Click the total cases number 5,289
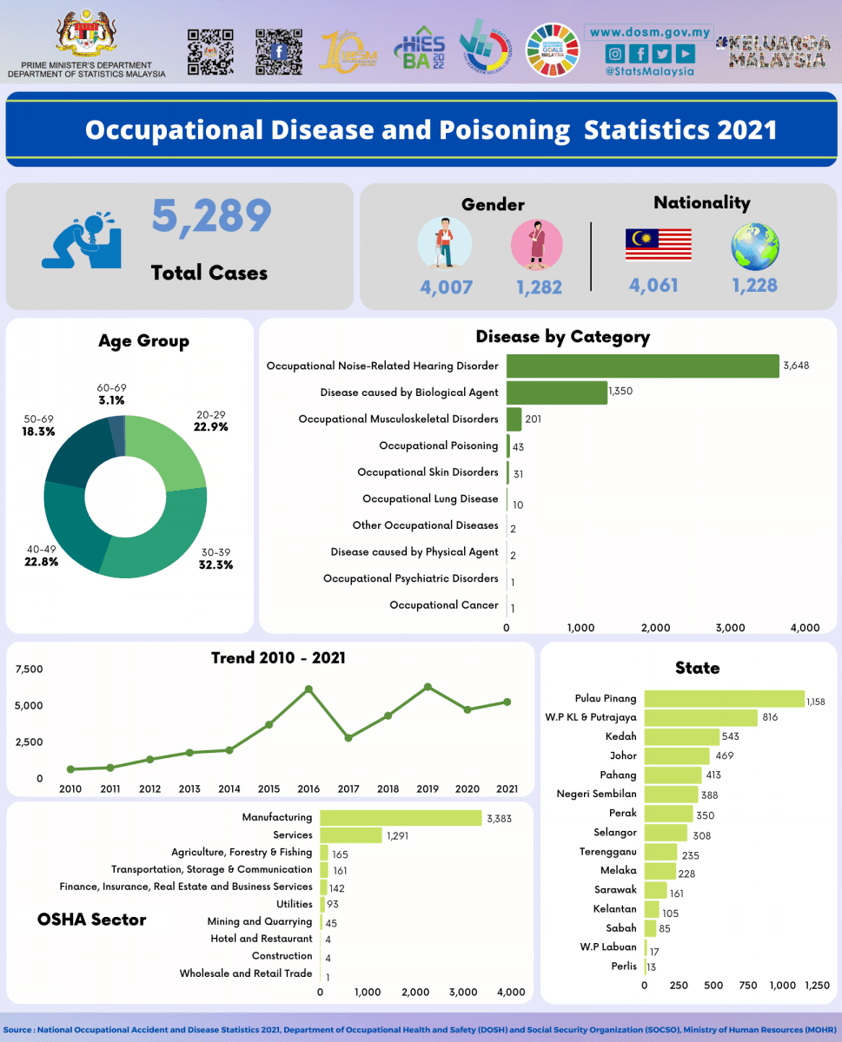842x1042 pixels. tap(212, 216)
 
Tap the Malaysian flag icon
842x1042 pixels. tap(658, 245)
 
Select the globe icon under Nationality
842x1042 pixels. tap(754, 246)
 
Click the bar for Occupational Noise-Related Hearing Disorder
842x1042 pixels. tap(642, 366)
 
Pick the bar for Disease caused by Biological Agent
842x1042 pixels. tap(557, 392)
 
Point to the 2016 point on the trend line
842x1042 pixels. tap(308, 689)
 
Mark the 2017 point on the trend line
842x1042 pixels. tap(348, 738)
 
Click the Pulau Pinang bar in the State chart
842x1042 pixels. tap(725, 699)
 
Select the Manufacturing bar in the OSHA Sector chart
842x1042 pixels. tap(401, 817)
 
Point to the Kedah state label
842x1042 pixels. tap(620, 736)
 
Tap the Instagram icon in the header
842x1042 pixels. tap(614, 54)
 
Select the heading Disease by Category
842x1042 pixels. tap(562, 337)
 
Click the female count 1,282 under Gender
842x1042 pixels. tap(539, 287)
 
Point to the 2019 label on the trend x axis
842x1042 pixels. tap(428, 789)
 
